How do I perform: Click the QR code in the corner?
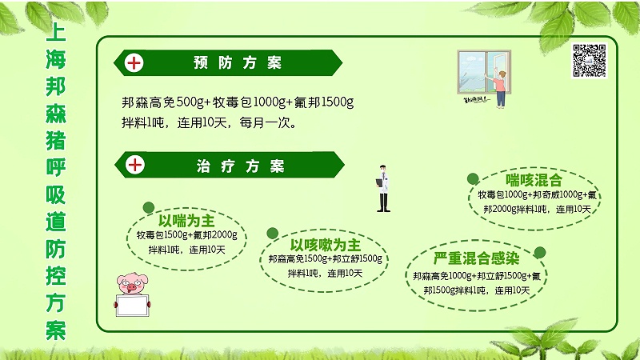pos(589,61)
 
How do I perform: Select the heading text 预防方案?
pos(238,62)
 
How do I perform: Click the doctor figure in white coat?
pos(383,189)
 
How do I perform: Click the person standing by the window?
pos(501,86)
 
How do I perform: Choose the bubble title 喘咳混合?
pos(534,179)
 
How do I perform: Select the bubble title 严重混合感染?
pos(476,258)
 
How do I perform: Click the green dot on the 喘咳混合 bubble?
pos(473,180)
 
